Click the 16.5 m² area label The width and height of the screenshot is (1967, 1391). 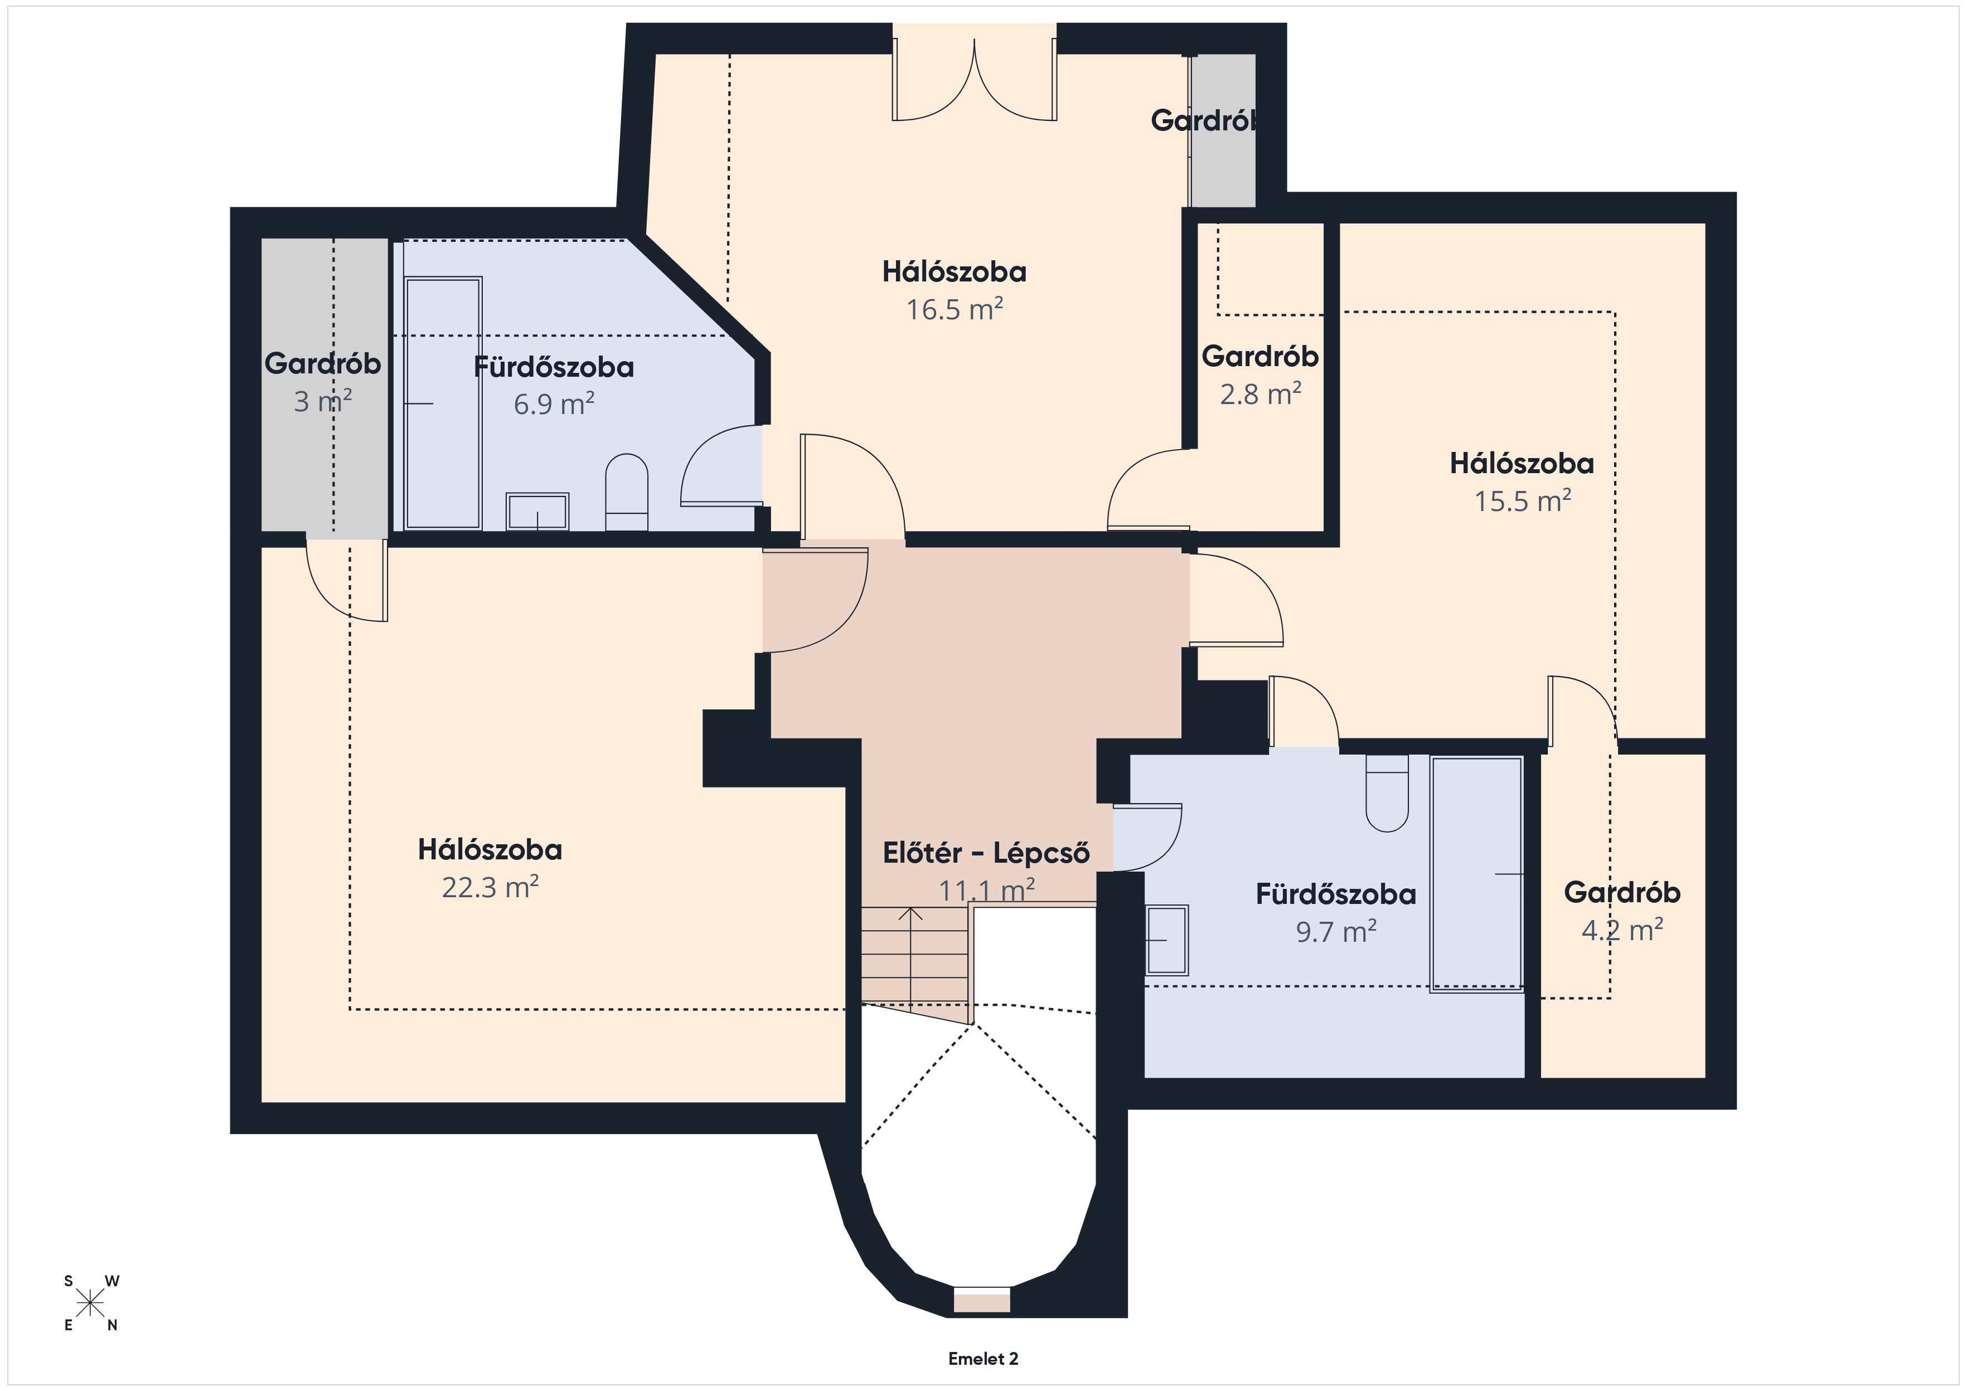coord(955,309)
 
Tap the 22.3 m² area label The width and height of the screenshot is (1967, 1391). coord(490,887)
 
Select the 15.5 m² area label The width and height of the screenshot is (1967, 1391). coord(1523,501)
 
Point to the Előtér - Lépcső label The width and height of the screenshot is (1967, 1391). coord(986,853)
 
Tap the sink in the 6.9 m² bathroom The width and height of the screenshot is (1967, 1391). coord(537,512)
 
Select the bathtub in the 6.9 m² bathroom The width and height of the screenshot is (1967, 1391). coord(442,403)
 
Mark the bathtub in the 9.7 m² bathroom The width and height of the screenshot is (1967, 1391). coord(1476,874)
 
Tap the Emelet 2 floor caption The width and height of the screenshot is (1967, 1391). coord(983,1359)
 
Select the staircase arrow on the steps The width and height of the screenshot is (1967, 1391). coord(910,959)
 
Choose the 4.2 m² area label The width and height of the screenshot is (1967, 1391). coord(1622,930)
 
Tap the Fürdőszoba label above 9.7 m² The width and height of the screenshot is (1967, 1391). coord(1336,894)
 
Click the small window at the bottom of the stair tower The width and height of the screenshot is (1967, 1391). coord(982,1300)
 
